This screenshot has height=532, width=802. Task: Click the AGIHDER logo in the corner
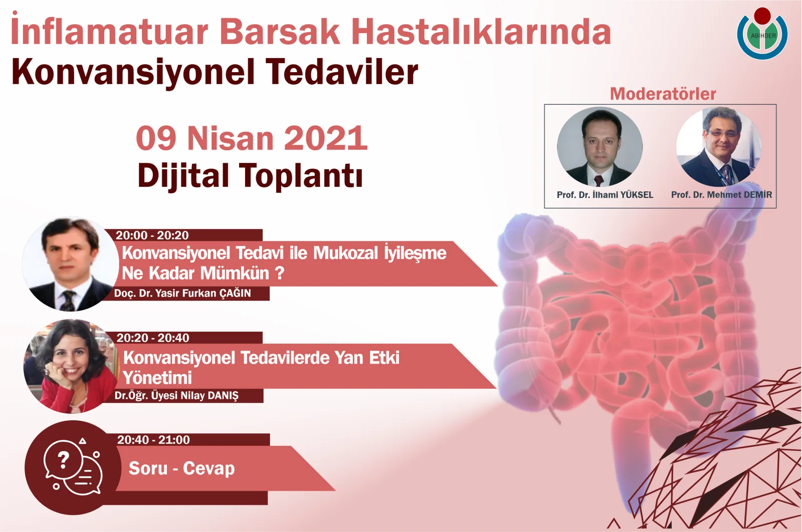[762, 34]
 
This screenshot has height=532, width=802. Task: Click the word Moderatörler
[663, 94]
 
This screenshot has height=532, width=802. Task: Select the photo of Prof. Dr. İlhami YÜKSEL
[600, 147]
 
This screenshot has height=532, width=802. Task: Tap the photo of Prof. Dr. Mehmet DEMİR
[719, 147]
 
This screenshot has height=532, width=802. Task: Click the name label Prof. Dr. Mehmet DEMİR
[721, 195]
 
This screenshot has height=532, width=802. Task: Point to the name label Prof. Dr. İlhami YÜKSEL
[605, 195]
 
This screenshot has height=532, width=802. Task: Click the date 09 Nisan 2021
[252, 138]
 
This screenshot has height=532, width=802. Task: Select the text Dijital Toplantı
[250, 176]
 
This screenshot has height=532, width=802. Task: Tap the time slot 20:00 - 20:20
[152, 235]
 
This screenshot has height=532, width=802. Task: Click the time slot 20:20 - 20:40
[153, 338]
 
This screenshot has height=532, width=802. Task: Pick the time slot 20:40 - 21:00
[153, 440]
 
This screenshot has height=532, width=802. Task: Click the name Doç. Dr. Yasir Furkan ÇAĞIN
[182, 294]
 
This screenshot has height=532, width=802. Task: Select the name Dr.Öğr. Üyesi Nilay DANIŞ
[176, 396]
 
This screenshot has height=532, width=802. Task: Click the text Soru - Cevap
[181, 468]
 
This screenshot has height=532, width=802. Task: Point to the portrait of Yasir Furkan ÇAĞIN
[70, 264]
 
